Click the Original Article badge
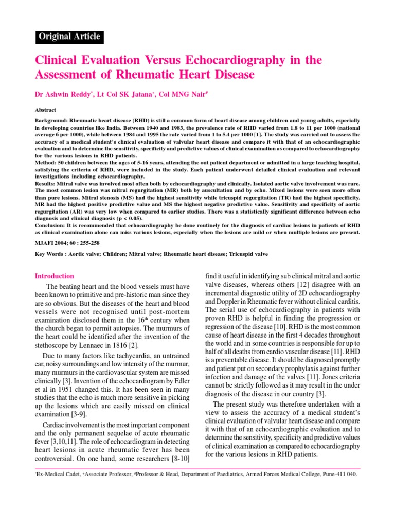point(69,37)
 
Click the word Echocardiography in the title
point(215,60)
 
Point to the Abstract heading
point(45,110)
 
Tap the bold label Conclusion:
point(53,225)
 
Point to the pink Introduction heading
point(55,276)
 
